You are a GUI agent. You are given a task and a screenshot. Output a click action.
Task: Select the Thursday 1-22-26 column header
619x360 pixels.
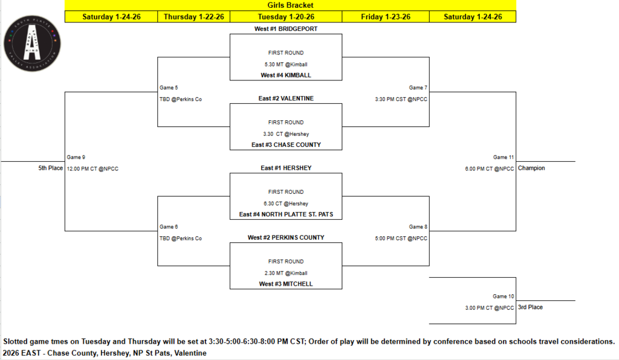point(193,17)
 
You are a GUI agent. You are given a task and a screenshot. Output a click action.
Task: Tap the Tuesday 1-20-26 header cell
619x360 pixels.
point(286,17)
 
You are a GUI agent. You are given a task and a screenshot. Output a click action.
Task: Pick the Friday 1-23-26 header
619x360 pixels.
point(386,17)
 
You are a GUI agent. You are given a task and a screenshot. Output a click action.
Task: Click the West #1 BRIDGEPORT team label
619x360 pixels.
point(286,29)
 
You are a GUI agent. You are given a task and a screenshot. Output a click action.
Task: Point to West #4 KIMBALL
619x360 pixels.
point(286,76)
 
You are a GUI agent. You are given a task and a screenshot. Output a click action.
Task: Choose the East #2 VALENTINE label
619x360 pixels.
point(286,98)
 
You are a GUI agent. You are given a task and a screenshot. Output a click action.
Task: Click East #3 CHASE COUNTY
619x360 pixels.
point(286,145)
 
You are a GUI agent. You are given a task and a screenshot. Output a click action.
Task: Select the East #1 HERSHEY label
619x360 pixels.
point(286,168)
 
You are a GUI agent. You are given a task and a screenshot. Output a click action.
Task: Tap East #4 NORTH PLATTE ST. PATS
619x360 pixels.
point(286,214)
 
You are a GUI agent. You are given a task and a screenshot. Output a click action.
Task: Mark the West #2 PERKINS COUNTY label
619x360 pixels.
point(286,237)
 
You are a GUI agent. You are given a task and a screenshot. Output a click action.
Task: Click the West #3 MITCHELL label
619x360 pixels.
point(286,284)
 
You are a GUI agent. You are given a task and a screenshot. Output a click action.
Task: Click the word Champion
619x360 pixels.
point(531,169)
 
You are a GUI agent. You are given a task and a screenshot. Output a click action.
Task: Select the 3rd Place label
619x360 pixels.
point(530,307)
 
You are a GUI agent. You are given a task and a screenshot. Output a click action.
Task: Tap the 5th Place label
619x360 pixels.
point(50,169)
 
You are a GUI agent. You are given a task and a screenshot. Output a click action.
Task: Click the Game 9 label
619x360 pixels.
point(76,157)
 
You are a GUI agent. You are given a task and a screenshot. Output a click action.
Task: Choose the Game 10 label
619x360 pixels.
point(504,297)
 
